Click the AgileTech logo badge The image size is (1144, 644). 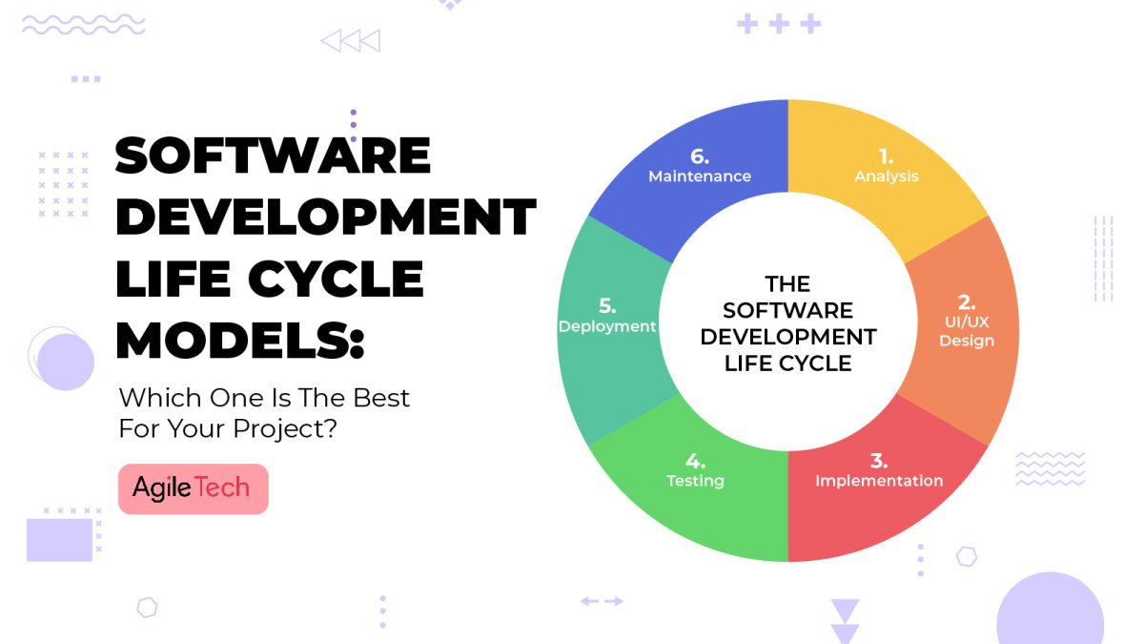193,488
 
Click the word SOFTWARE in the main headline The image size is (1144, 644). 273,156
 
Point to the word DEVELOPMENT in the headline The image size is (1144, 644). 325,218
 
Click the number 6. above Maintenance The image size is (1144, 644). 700,154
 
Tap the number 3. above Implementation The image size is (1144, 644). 879,459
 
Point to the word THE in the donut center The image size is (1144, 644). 787,284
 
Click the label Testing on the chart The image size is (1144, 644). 695,481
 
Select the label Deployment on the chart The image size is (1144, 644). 607,326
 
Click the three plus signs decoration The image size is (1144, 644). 779,24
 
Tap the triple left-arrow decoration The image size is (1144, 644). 350,41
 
